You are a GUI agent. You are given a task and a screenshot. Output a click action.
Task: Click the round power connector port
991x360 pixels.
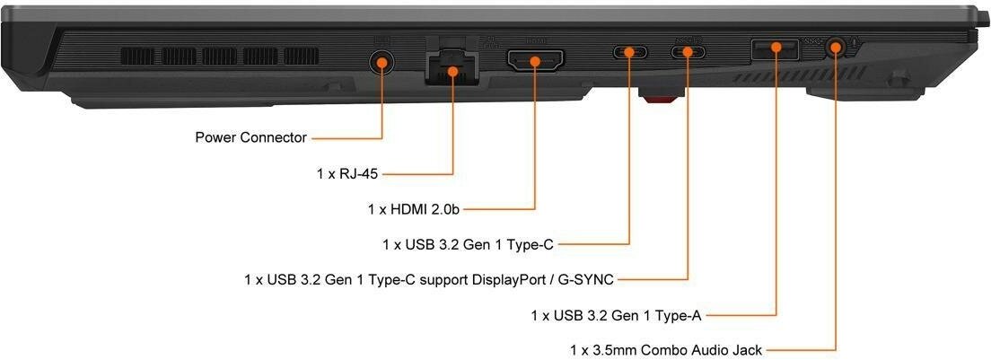[382, 62]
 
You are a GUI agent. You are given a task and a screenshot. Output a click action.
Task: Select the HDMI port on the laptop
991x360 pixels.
[535, 62]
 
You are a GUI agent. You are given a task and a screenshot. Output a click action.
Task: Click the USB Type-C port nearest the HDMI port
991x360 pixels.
[629, 51]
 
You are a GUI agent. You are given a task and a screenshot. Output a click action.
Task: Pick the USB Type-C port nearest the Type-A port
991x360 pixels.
[688, 51]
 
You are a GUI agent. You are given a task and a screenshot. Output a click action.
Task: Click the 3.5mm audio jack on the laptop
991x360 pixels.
[836, 47]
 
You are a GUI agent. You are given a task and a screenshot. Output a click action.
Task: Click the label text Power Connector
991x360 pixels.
[250, 138]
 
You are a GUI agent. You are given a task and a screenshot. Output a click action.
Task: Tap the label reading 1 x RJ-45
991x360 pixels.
[348, 173]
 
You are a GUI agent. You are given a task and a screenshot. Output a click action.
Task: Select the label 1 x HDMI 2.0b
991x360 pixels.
[414, 209]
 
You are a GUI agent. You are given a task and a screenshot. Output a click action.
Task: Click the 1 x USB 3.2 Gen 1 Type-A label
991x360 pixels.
[616, 315]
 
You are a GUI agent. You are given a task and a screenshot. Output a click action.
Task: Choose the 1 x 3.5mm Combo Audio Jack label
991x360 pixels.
[668, 349]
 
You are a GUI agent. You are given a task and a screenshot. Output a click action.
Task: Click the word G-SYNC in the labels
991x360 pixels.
[586, 280]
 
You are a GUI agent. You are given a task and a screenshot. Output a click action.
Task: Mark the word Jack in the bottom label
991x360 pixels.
[749, 349]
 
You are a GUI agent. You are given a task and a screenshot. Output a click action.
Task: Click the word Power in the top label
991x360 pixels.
[215, 138]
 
